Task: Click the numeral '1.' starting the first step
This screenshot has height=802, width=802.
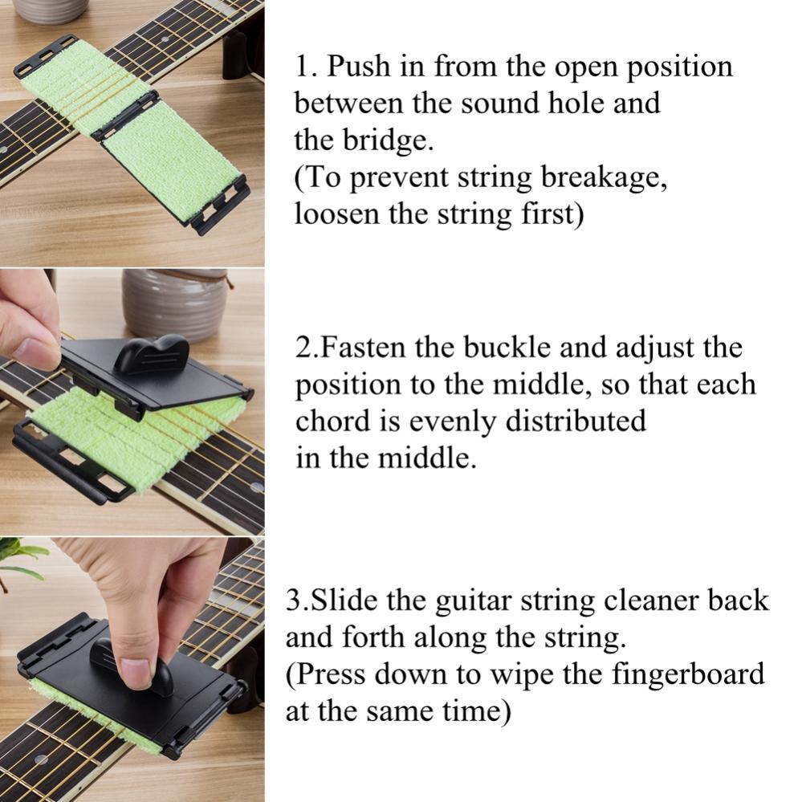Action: pyautogui.click(x=307, y=67)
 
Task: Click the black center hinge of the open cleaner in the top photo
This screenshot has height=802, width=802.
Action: pyautogui.click(x=125, y=116)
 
